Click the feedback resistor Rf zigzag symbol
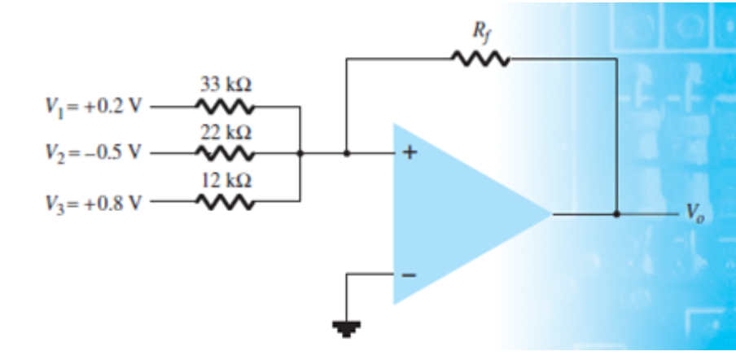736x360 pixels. point(480,59)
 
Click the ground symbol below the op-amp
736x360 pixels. point(348,329)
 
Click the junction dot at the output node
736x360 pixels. point(616,214)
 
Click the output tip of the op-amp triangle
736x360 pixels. point(551,214)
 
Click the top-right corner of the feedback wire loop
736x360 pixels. point(616,59)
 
